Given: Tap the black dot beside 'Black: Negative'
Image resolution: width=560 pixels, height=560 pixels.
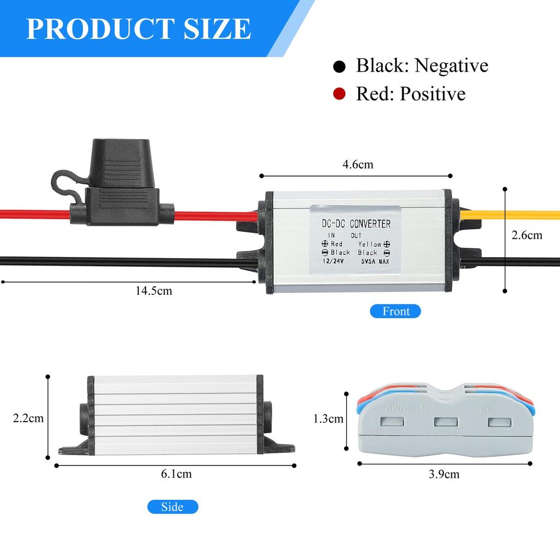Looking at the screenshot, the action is [x=339, y=66].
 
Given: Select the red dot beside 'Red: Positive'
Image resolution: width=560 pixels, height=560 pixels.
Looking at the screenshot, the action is [x=339, y=94].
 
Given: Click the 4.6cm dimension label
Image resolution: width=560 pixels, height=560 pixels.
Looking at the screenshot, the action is [x=358, y=164].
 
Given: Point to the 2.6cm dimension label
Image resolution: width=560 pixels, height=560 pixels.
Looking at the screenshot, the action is [x=527, y=235].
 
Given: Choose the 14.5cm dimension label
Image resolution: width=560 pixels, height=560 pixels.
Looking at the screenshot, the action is [x=154, y=291].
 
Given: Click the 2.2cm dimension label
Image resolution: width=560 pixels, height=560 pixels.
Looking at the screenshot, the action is [x=28, y=418].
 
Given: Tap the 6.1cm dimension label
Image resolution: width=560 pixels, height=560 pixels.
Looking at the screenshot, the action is [x=177, y=474].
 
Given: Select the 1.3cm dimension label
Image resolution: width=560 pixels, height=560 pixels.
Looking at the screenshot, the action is [x=328, y=418].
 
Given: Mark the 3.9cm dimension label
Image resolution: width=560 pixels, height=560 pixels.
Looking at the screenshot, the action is [x=444, y=474].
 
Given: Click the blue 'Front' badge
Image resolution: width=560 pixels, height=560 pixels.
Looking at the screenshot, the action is [x=395, y=311].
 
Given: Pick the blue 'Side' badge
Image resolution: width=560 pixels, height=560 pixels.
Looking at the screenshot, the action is [x=172, y=507].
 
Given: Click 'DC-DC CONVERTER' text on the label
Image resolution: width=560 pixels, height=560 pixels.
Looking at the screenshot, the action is [x=356, y=224].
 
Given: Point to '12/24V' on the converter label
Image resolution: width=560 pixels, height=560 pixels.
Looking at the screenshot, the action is [x=333, y=261].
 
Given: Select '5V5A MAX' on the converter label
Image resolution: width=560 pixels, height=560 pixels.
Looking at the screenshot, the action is [x=375, y=261].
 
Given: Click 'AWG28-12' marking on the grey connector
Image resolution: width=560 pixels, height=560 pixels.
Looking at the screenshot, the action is [x=407, y=409].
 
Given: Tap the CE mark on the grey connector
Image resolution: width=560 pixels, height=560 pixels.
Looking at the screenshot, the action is [x=486, y=409].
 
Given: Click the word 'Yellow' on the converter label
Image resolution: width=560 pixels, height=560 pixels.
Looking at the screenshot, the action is [x=370, y=244].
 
